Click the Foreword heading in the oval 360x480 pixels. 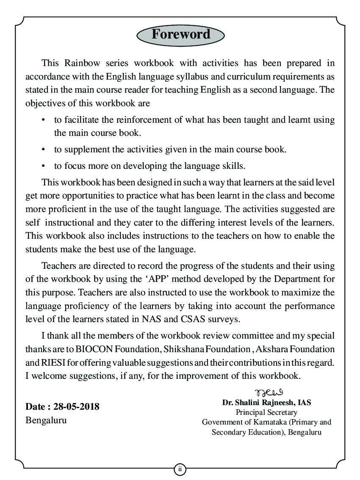click(x=180, y=34)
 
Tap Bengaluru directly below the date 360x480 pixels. click(x=46, y=421)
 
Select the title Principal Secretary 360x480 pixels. click(x=266, y=412)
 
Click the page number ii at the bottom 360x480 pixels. click(x=180, y=469)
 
